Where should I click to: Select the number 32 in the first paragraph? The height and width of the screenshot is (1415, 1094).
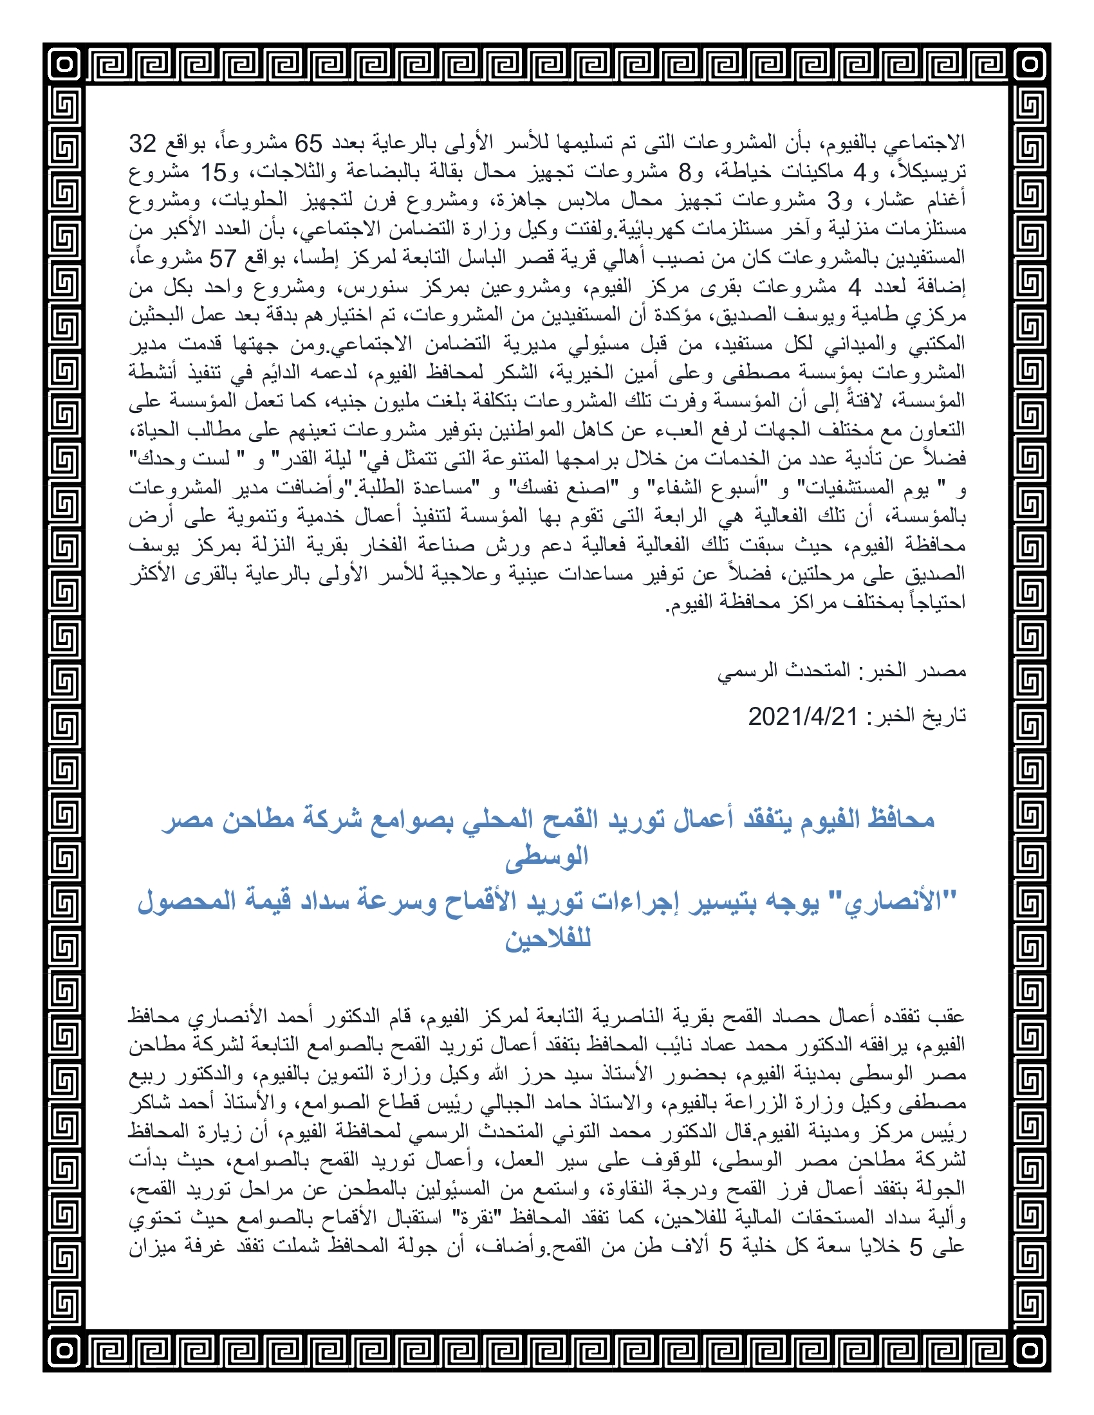click(x=143, y=143)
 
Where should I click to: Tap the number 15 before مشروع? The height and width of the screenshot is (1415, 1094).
click(x=213, y=172)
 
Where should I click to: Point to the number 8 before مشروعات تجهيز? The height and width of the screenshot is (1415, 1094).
click(x=685, y=172)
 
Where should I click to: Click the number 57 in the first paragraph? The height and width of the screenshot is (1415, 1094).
click(x=221, y=259)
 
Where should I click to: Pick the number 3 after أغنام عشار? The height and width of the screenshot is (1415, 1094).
click(x=833, y=201)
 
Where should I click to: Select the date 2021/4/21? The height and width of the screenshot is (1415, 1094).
click(x=803, y=717)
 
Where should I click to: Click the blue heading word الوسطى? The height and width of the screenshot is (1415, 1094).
click(x=547, y=857)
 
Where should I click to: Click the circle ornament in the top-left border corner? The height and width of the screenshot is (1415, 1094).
click(x=64, y=64)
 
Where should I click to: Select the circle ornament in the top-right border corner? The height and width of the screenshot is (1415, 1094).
click(x=1030, y=64)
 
